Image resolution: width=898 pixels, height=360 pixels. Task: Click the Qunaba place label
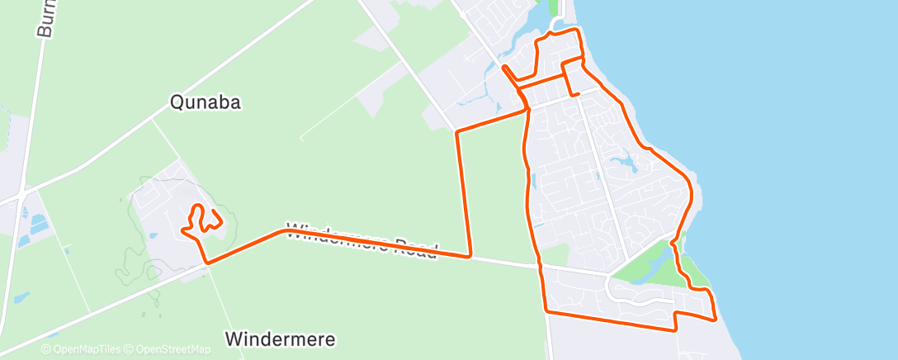click(x=199, y=102)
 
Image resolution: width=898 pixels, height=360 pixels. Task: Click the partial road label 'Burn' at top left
click(x=45, y=18)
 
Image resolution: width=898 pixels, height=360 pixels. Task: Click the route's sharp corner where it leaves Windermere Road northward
click(x=470, y=256)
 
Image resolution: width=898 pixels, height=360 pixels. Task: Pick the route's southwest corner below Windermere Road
click(x=546, y=311)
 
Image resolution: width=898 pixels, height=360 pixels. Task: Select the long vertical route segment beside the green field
click(x=463, y=194)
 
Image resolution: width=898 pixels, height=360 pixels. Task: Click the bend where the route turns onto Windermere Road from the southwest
click(x=207, y=263)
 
